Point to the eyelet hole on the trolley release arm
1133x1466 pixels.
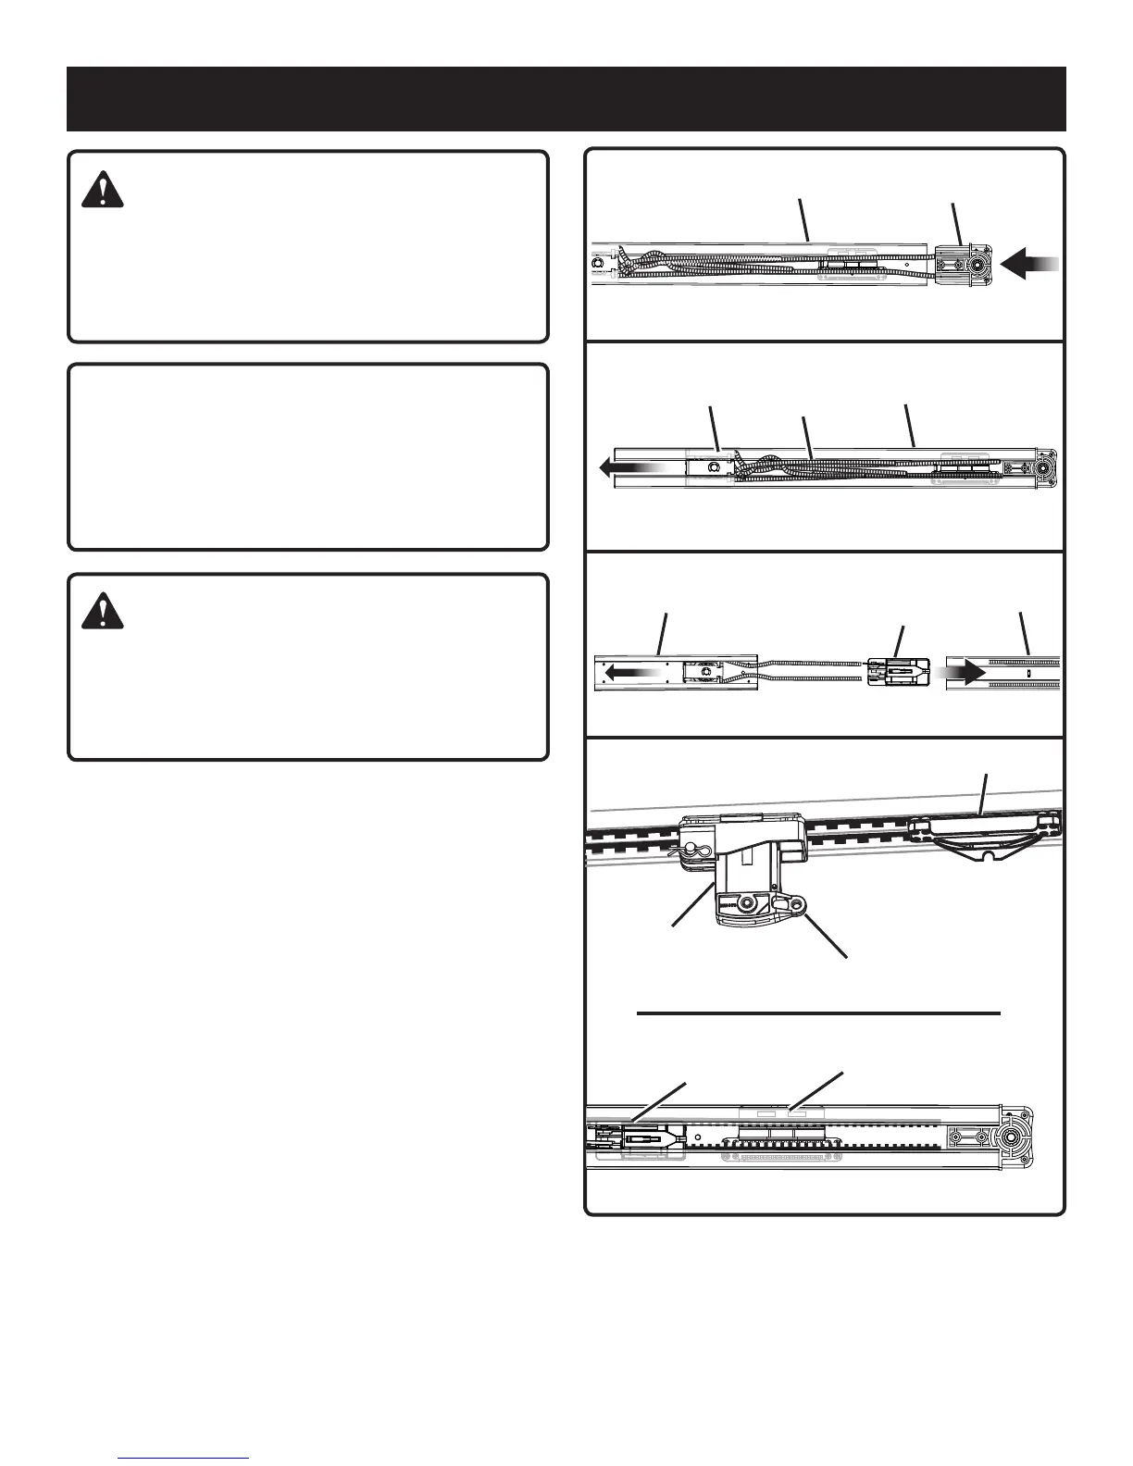click(796, 901)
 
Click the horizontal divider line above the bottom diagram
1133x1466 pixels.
click(819, 1013)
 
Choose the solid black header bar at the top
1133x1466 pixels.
click(566, 98)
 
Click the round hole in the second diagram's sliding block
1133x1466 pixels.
click(714, 468)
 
